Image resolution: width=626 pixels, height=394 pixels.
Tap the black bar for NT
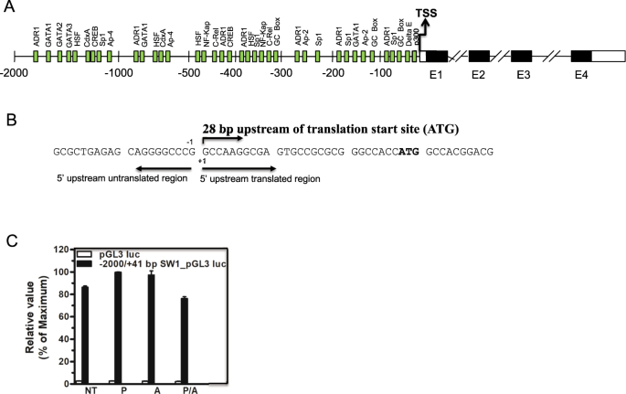point(85,323)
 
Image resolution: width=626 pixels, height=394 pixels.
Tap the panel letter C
point(10,241)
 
